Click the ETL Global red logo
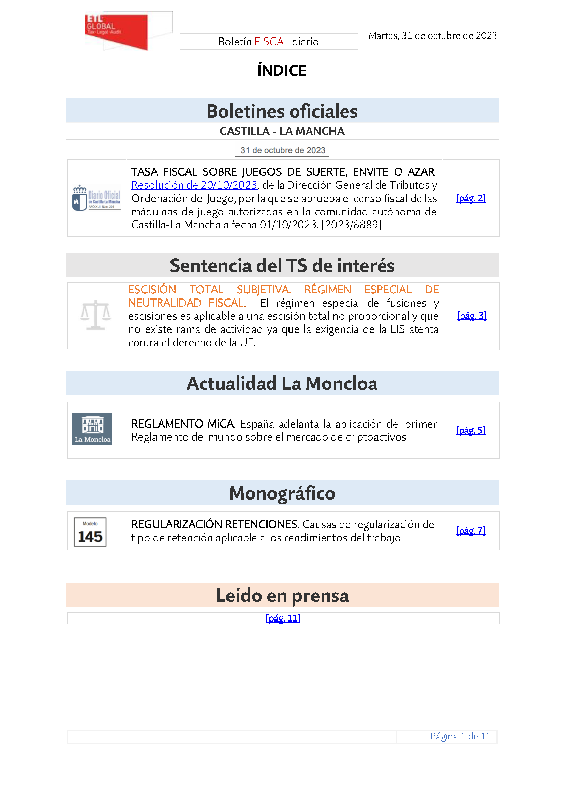[x=116, y=31]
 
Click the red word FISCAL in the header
[x=271, y=42]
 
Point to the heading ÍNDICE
[x=282, y=71]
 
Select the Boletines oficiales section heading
[x=282, y=111]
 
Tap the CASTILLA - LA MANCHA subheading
[x=282, y=131]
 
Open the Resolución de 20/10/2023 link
[x=194, y=185]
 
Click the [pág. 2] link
[x=470, y=198]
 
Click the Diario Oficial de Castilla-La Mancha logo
[x=97, y=198]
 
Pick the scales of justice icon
[x=95, y=315]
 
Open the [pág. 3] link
[x=471, y=316]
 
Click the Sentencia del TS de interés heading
[x=282, y=265]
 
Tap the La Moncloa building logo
[x=92, y=429]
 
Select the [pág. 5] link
[x=470, y=430]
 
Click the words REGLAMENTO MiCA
[x=183, y=424]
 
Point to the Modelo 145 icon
[x=90, y=532]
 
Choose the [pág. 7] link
[x=470, y=531]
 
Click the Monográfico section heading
[x=282, y=493]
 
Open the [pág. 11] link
[x=283, y=618]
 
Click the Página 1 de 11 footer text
[x=460, y=736]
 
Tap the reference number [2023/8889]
[x=352, y=225]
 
